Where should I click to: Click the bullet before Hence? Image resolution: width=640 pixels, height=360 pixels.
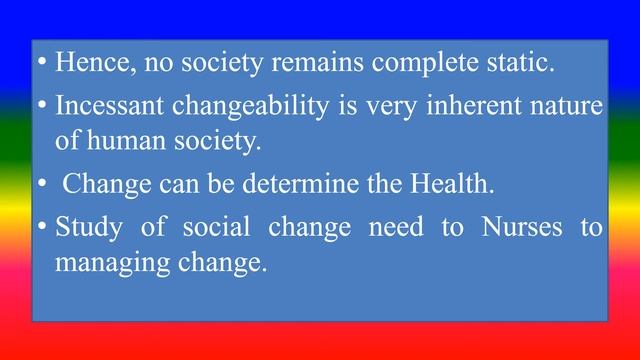(x=41, y=63)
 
